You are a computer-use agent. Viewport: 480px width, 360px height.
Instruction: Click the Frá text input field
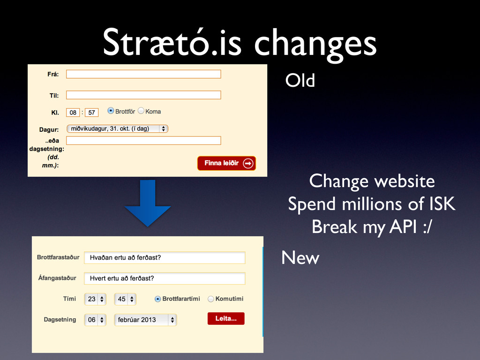(x=143, y=74)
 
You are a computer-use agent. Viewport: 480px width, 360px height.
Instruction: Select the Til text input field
(x=143, y=95)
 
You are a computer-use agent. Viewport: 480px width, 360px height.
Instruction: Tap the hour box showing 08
(x=73, y=112)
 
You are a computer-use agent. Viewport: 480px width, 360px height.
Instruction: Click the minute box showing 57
(x=91, y=112)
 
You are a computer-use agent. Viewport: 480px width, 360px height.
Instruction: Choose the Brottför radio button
(x=111, y=111)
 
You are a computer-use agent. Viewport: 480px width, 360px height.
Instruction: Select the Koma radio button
(x=141, y=111)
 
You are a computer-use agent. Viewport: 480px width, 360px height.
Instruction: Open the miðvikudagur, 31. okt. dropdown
(x=117, y=128)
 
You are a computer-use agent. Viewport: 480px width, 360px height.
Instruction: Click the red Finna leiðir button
(x=226, y=163)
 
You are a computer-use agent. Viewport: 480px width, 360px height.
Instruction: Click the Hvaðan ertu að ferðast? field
(x=165, y=258)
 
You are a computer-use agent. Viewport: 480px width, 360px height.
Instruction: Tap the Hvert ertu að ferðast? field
(x=165, y=278)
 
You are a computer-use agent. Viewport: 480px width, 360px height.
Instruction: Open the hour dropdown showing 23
(x=95, y=299)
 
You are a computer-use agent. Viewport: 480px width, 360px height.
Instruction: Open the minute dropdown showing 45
(x=125, y=299)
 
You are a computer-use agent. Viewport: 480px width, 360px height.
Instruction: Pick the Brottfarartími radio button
(x=157, y=299)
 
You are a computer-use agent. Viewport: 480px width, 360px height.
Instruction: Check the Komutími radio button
(x=210, y=299)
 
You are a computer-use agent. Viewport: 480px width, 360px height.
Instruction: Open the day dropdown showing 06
(x=95, y=320)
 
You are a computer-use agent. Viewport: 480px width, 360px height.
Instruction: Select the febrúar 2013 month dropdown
(x=145, y=320)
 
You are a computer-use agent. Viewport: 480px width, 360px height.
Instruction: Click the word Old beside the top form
(x=300, y=81)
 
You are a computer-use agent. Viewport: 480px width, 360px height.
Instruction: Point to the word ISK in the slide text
(x=442, y=204)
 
